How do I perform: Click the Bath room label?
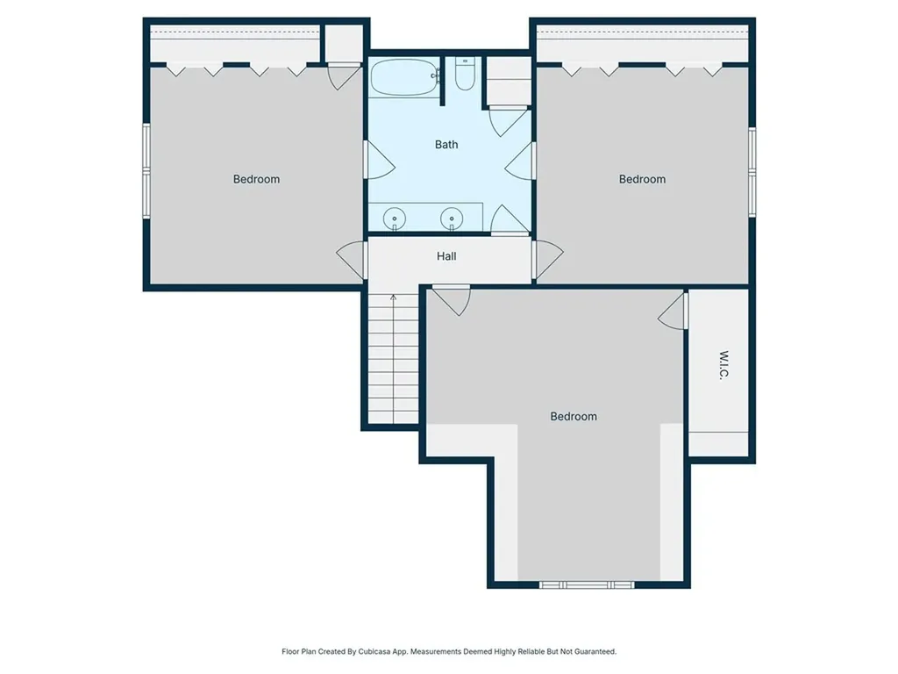coord(446,145)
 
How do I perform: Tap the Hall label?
coord(446,256)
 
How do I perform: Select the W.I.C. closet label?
coord(723,365)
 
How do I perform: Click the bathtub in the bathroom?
coord(403,77)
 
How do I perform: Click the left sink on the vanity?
coord(394,219)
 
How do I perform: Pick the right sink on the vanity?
coord(452,219)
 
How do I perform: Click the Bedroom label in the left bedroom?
coord(256,179)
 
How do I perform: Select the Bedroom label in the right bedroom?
coord(642,179)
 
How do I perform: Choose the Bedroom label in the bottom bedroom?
coord(574,417)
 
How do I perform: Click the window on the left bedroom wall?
coord(146,171)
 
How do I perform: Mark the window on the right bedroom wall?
coord(752,172)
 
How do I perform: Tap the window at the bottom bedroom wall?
coord(587,584)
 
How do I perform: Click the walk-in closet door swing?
coord(673,312)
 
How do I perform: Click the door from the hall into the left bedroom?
coord(352,260)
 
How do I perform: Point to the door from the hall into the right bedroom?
coord(547,260)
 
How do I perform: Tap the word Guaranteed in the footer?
coord(595,652)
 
